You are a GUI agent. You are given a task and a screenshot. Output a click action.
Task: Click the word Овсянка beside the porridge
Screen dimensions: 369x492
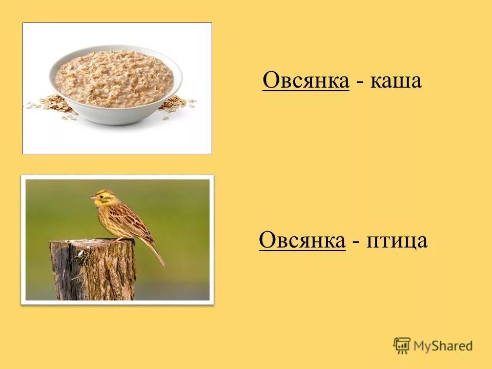click(306, 81)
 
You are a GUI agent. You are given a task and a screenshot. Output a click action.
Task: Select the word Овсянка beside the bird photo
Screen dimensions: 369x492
click(302, 240)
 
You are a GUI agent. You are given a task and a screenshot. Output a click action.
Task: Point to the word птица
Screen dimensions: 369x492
click(397, 241)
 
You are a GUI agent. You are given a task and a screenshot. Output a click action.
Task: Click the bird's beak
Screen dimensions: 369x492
click(92, 197)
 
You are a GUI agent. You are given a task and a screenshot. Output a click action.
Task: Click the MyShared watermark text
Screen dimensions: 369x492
click(443, 346)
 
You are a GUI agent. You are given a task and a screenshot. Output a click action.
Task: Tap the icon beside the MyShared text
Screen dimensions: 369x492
click(402, 345)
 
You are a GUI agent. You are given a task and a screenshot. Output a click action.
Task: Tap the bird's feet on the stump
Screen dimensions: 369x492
click(119, 239)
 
